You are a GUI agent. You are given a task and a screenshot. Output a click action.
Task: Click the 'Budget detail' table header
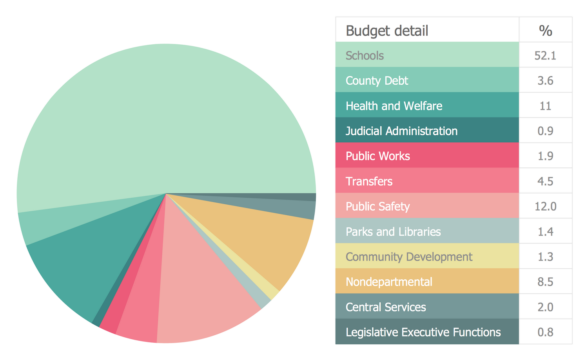pyautogui.click(x=387, y=31)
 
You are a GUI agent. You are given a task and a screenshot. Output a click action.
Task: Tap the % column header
pyautogui.click(x=545, y=31)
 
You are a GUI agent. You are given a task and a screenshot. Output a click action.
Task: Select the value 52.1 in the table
pyautogui.click(x=545, y=55)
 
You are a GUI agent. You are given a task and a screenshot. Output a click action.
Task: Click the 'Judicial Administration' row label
pyautogui.click(x=401, y=131)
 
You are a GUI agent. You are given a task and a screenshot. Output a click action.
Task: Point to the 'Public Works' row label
pyautogui.click(x=377, y=156)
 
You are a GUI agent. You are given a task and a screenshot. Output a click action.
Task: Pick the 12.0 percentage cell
pyautogui.click(x=545, y=206)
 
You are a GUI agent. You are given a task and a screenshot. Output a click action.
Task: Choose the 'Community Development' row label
pyautogui.click(x=409, y=257)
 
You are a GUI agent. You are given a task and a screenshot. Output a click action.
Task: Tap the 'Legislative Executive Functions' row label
pyautogui.click(x=423, y=332)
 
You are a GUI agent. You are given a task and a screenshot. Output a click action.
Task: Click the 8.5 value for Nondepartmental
pyautogui.click(x=545, y=282)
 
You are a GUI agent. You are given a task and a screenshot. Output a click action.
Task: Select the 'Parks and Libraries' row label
pyautogui.click(x=393, y=232)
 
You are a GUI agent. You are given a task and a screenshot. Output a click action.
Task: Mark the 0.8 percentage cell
pyautogui.click(x=545, y=332)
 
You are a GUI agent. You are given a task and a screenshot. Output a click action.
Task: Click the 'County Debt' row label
pyautogui.click(x=377, y=81)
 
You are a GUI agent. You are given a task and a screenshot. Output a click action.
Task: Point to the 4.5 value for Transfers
pyautogui.click(x=545, y=181)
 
